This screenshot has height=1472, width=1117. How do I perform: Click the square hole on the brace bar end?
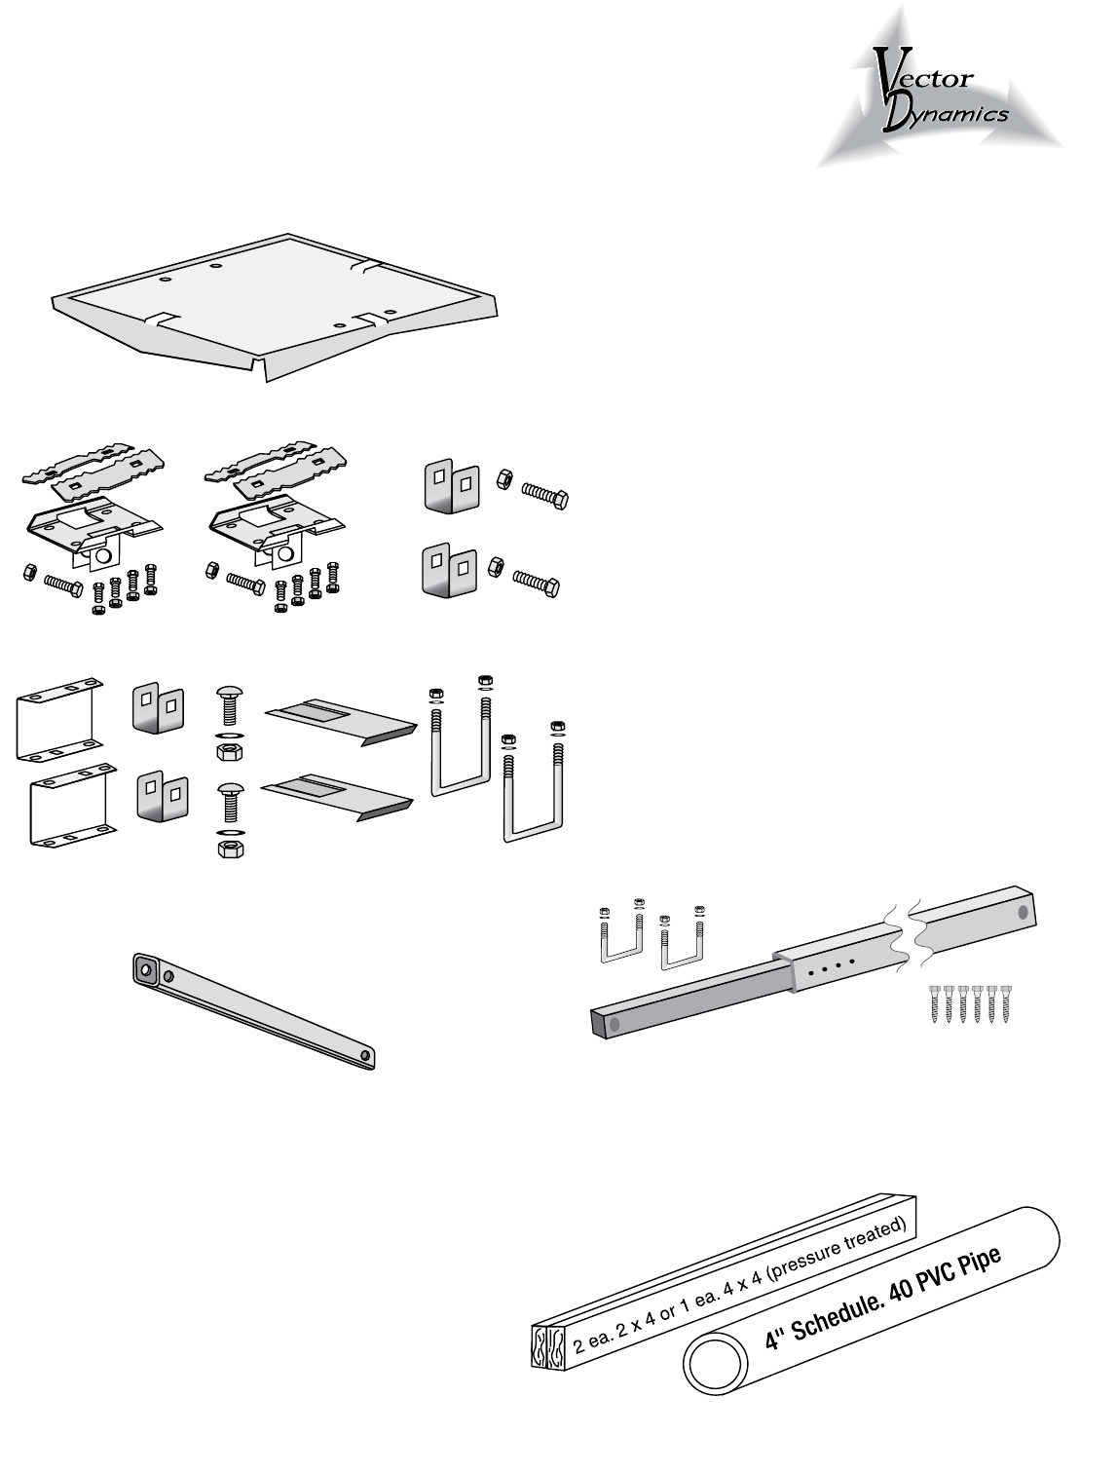(146, 969)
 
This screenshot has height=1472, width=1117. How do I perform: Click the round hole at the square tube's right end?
(1022, 913)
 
